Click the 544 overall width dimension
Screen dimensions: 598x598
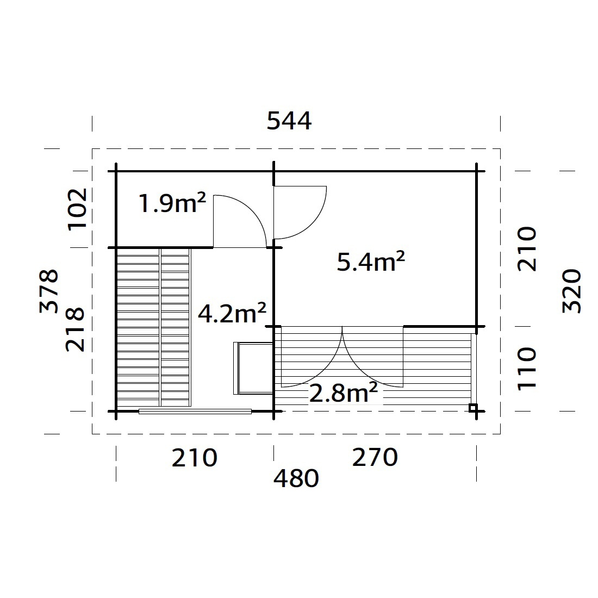(289, 121)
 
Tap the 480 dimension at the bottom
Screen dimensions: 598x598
(296, 479)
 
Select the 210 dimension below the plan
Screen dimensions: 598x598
(195, 458)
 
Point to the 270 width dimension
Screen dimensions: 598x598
(375, 458)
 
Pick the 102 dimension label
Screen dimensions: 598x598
(77, 209)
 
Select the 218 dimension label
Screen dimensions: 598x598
(76, 329)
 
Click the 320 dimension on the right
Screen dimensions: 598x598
(572, 291)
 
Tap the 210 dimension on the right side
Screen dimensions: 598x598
(527, 249)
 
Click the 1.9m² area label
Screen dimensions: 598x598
(172, 204)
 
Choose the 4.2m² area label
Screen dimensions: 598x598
(232, 314)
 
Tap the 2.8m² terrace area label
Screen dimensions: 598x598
(344, 393)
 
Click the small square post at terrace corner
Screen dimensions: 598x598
(473, 408)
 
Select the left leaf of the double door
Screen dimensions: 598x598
(310, 356)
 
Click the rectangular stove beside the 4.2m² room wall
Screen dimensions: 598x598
(253, 368)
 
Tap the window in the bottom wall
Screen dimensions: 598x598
(195, 412)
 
